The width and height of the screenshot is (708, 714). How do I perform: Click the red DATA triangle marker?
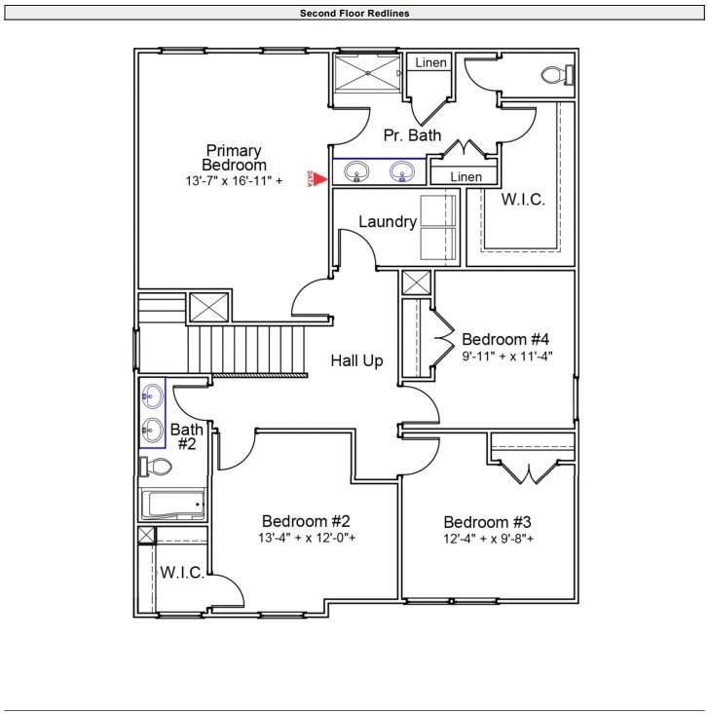pos(317,178)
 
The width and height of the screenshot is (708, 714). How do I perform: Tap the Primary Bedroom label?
pos(233,158)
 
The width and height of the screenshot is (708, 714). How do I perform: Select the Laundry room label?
pos(388,222)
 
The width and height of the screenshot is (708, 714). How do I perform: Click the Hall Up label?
pos(356,360)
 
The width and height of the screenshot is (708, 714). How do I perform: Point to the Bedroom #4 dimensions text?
pos(506,357)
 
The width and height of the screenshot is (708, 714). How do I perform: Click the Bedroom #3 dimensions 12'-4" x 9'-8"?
pos(489,539)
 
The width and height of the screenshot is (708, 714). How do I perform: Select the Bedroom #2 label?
pos(306,520)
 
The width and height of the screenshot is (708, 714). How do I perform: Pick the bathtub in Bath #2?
pos(173,506)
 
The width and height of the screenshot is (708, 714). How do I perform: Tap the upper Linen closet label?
pos(430,63)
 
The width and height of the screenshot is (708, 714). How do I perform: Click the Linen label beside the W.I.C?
pos(466,177)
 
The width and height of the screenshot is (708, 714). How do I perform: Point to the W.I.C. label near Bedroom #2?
pos(182,573)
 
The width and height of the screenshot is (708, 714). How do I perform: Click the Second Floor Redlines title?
pos(354,13)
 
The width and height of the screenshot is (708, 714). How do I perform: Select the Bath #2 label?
pos(186,436)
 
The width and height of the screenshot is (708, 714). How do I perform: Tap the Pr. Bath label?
pos(412,135)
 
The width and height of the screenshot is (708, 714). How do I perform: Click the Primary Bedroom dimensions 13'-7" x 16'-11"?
pos(234,181)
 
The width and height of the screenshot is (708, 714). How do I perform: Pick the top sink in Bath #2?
pos(152,395)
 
